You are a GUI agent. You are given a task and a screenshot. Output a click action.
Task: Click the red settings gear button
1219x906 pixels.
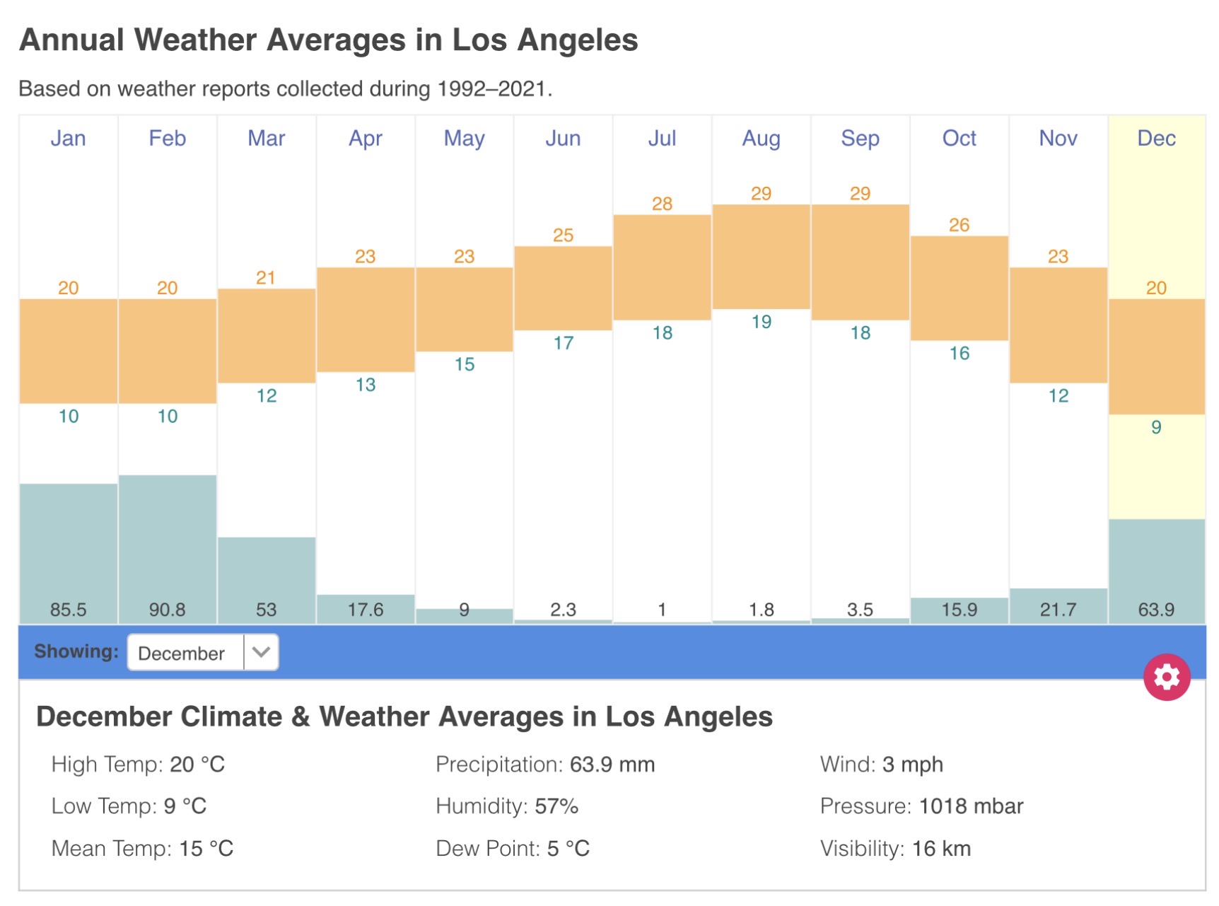click(x=1166, y=677)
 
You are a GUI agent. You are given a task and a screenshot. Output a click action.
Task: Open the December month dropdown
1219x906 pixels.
click(x=203, y=652)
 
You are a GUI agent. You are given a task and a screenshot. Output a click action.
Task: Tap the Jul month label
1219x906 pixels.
click(x=662, y=138)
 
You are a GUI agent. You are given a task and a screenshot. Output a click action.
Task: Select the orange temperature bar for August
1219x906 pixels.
click(x=761, y=257)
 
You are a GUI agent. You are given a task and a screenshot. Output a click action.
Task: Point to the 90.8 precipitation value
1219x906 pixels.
click(x=168, y=610)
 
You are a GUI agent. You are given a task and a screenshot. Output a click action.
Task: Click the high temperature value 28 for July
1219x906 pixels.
click(x=662, y=204)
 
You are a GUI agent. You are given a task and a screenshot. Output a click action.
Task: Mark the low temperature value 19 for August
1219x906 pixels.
click(x=761, y=322)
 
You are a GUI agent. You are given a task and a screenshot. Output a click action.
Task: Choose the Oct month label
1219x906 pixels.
click(x=959, y=138)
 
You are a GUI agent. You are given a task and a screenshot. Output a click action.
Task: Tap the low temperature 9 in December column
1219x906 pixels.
click(x=1156, y=427)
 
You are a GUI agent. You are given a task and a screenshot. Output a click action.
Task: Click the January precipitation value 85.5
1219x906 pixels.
click(x=69, y=610)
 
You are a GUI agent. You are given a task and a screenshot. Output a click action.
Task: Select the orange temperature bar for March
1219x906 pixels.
click(x=267, y=336)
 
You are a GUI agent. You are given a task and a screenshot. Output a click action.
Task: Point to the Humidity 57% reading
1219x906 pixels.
click(x=507, y=806)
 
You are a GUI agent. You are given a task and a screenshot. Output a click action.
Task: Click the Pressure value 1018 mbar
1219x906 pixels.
click(x=971, y=806)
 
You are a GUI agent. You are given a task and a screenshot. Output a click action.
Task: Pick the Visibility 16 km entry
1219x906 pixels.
click(x=895, y=849)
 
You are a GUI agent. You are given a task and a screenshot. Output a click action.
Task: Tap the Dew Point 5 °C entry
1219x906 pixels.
click(x=513, y=849)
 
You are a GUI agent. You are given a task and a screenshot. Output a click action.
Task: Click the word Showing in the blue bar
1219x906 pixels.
click(x=76, y=651)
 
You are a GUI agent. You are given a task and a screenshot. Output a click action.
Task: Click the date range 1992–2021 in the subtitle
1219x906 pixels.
click(x=491, y=89)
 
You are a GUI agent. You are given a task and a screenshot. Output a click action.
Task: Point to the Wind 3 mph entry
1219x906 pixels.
click(x=881, y=765)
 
